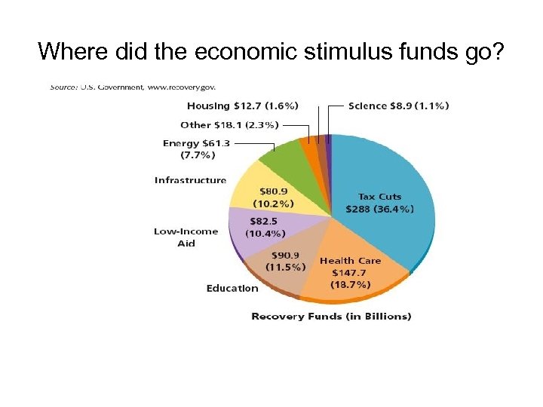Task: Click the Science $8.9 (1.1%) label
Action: pos(398,106)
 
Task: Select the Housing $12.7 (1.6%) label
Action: pos(242,106)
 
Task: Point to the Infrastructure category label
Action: pos(190,180)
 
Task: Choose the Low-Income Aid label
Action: pos(186,237)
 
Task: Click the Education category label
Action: pos(232,289)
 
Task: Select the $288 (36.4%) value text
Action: pos(379,209)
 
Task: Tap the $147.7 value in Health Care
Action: pos(351,272)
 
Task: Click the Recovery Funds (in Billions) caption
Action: pos(331,317)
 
